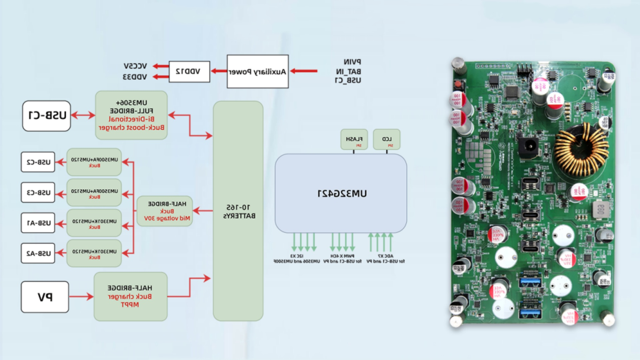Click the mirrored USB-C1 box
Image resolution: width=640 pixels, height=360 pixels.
[47, 116]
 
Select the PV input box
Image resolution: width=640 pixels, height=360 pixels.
[45, 297]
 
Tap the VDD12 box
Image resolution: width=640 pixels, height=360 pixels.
[189, 71]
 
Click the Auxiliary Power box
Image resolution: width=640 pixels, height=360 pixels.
[257, 72]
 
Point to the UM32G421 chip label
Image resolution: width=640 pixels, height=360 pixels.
[342, 194]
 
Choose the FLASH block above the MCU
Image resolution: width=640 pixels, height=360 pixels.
[354, 139]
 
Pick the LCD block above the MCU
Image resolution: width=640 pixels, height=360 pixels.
[387, 139]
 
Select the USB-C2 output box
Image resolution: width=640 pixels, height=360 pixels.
[38, 162]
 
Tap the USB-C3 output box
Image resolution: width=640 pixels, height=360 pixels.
[38, 192]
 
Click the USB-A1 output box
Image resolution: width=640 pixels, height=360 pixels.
[38, 223]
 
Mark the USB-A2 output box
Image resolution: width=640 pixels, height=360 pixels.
[38, 253]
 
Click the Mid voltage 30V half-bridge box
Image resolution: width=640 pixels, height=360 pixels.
[165, 211]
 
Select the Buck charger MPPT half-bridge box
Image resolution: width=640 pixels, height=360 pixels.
[130, 296]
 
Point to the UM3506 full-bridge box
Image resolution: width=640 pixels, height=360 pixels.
[131, 115]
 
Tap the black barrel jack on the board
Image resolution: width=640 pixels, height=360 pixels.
[528, 146]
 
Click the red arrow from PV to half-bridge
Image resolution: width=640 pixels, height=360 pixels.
[81, 296]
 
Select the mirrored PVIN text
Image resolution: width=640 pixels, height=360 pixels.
[352, 62]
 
